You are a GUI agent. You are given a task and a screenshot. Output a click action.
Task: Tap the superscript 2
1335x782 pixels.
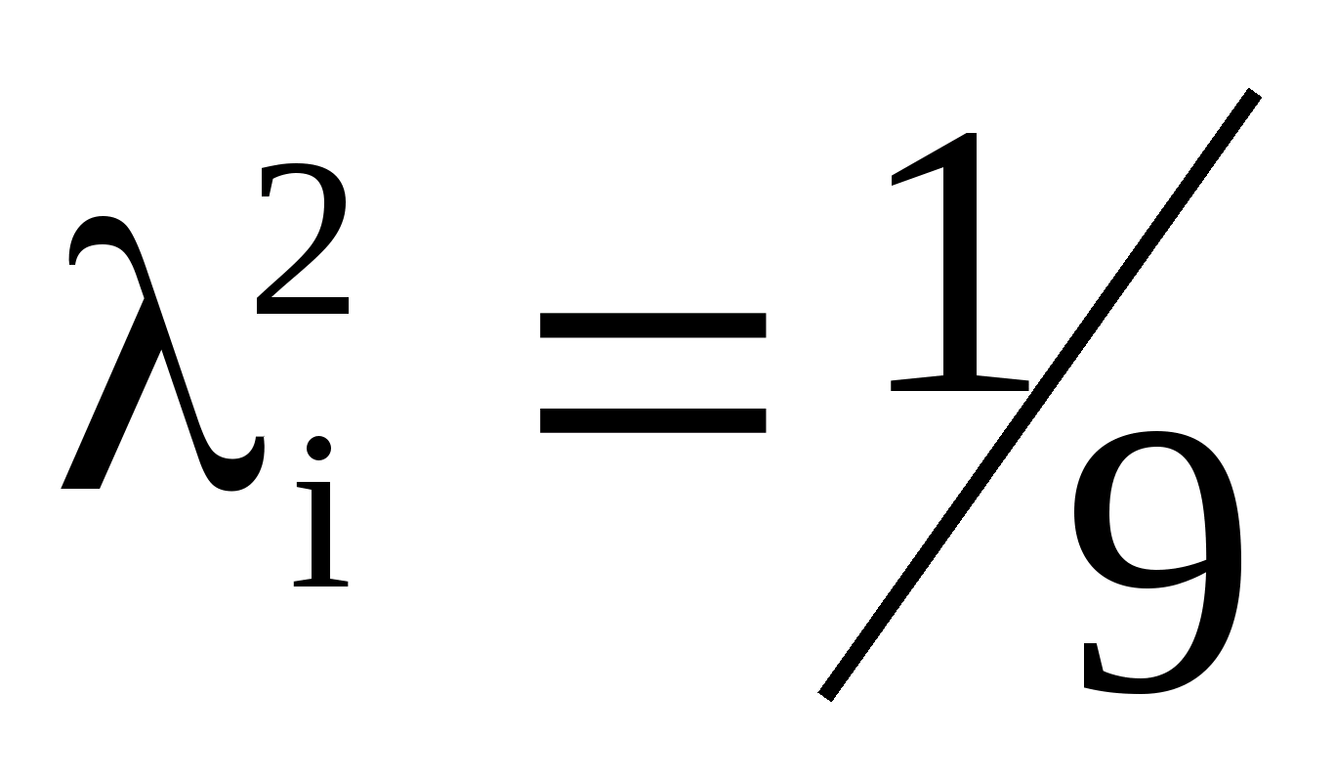[x=304, y=244]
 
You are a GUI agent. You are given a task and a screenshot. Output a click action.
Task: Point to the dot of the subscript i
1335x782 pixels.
[x=319, y=449]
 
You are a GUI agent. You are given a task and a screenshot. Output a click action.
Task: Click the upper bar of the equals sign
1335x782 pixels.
[x=652, y=326]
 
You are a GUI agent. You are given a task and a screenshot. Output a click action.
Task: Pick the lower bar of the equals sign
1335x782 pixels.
[x=652, y=420]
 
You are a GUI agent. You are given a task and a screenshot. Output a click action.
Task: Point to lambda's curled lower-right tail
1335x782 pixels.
[x=244, y=469]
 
